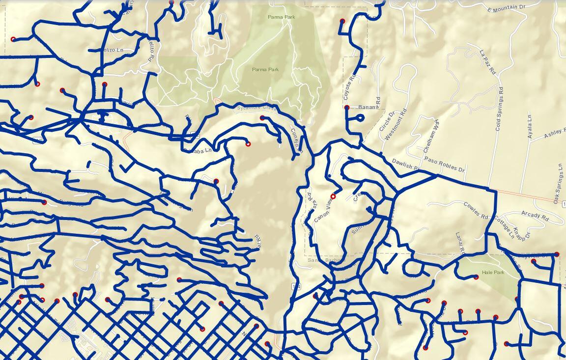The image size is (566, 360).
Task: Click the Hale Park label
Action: point(493,272)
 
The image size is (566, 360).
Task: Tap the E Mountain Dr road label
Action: point(507,9)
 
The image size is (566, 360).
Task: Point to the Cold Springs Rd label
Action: point(499,109)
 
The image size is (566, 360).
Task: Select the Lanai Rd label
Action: point(460,242)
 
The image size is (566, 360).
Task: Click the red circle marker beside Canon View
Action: point(333,196)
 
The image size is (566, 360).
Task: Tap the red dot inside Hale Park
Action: point(476,277)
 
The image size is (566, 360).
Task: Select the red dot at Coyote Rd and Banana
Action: point(347,107)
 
